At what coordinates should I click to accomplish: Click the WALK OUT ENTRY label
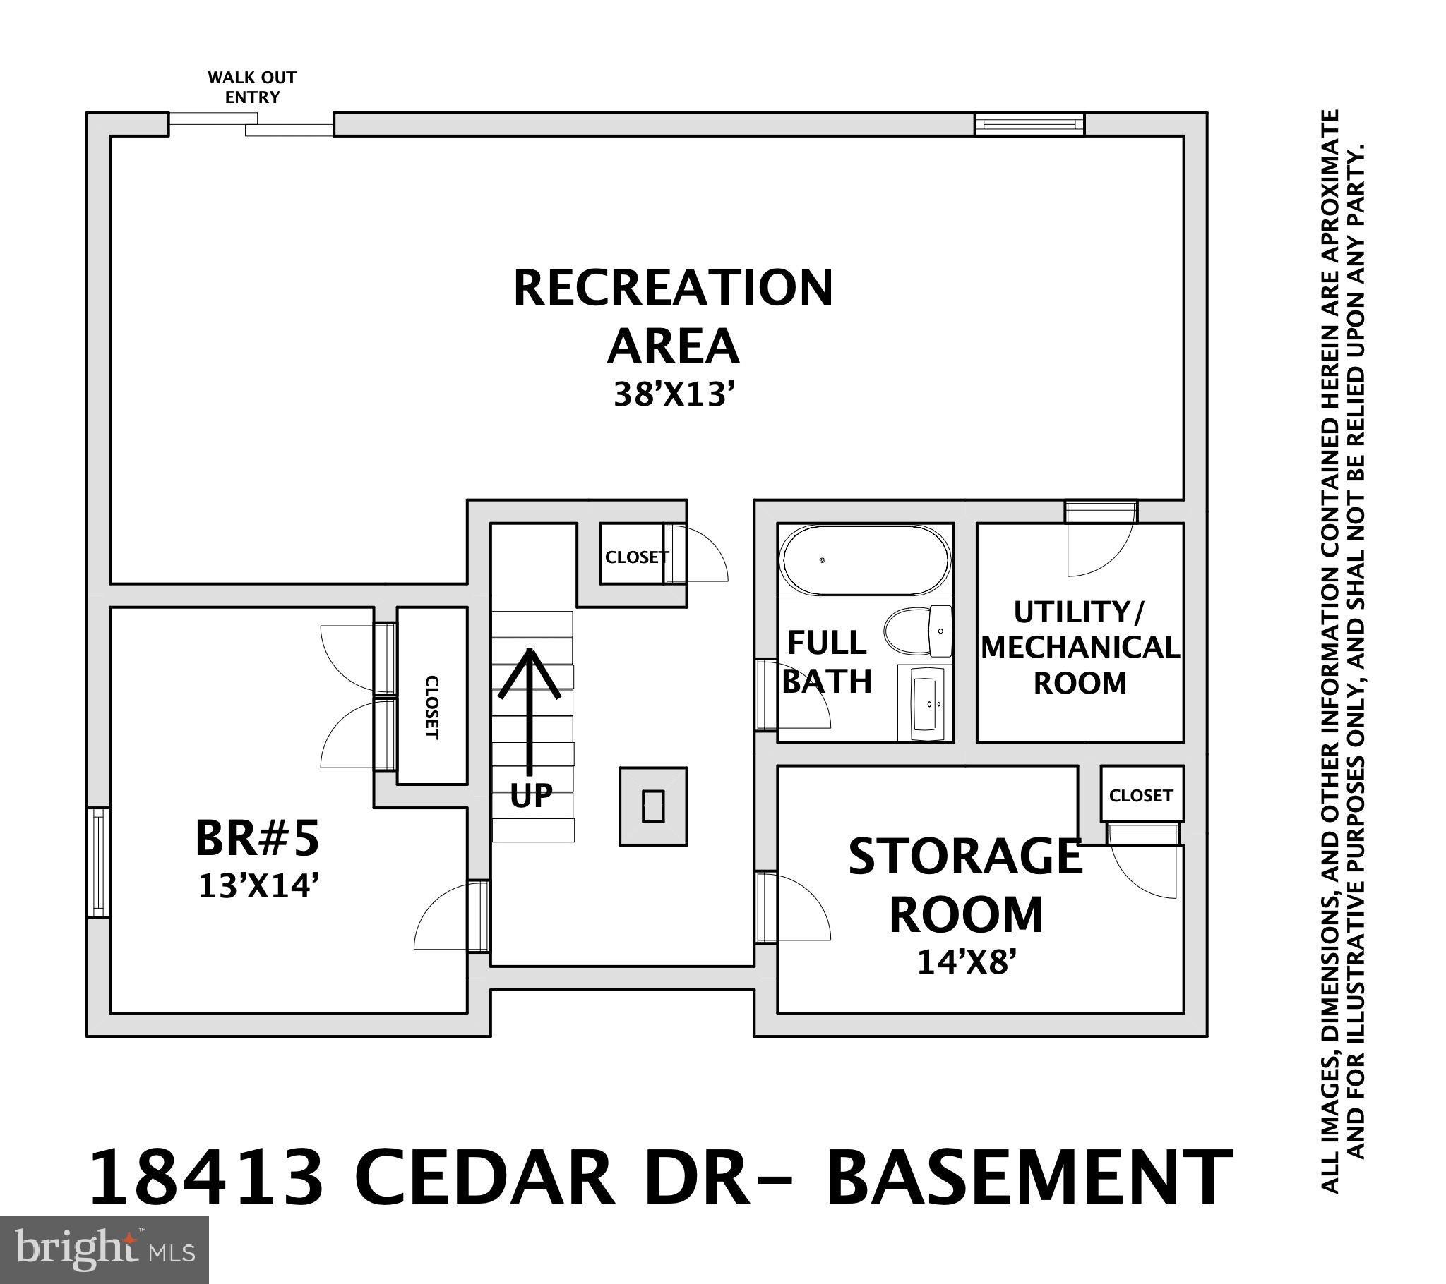coord(252,87)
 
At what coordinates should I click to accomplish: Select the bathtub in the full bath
coord(864,561)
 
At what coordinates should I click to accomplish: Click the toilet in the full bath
coord(919,631)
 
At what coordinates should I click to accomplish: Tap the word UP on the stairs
coord(530,795)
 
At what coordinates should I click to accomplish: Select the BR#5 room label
coord(257,838)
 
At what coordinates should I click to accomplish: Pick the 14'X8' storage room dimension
coord(967,962)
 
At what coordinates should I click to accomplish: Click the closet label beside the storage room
coord(1140,795)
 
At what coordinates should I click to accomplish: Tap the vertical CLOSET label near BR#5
coord(431,708)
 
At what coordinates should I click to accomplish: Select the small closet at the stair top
coord(635,557)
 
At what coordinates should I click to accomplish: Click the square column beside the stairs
coord(653,806)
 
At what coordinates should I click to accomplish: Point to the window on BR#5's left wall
coord(98,863)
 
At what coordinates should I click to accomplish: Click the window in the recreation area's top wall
coord(1029,124)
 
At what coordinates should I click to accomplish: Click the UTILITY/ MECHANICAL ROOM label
coord(1080,648)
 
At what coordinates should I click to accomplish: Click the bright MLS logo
coord(104,1249)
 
